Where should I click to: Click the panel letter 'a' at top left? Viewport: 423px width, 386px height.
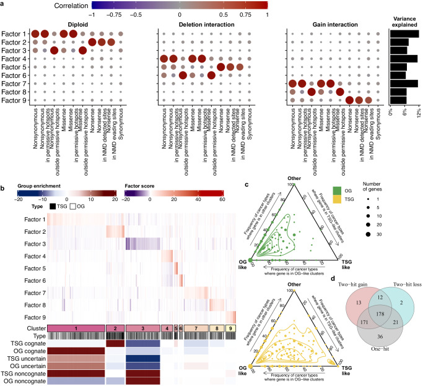point(4,4)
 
